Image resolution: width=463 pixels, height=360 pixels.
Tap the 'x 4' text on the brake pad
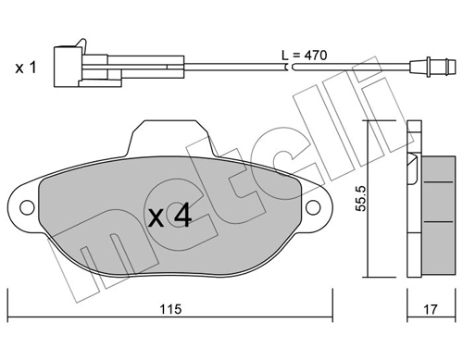click(x=170, y=217)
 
